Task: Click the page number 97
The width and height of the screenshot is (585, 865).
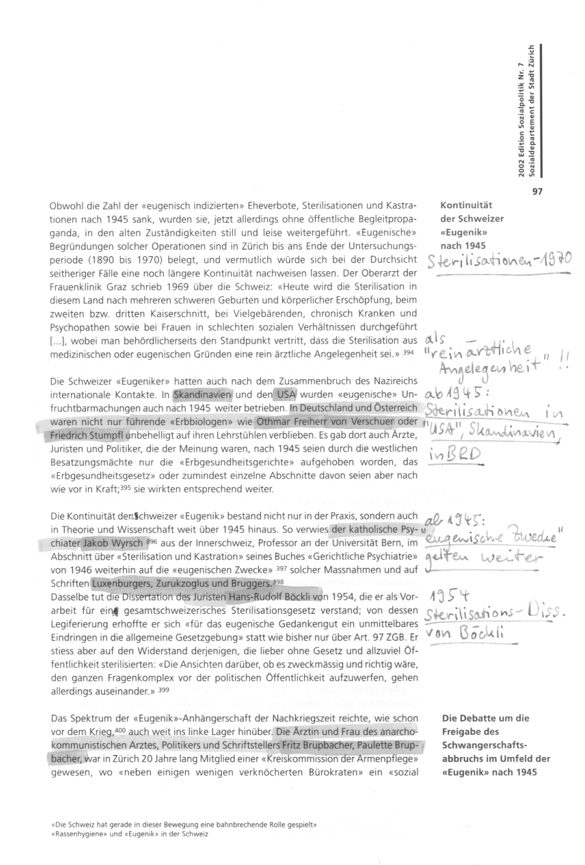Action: point(537,192)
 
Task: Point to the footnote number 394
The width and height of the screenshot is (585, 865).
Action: point(407,353)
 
